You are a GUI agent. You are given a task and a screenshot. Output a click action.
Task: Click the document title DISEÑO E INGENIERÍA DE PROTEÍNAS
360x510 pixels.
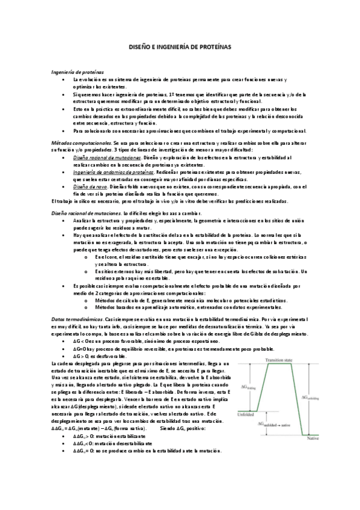(180, 46)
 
